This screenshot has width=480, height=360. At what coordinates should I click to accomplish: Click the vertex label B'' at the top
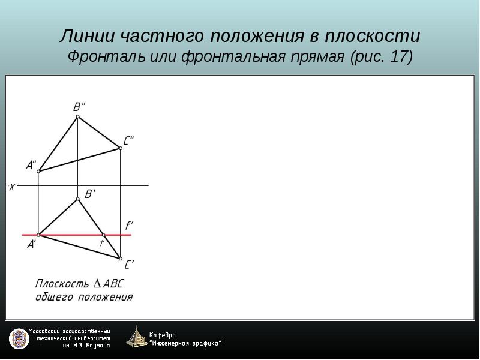79,107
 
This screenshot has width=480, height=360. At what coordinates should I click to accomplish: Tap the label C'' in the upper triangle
128,141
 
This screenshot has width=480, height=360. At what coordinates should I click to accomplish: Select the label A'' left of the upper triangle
31,166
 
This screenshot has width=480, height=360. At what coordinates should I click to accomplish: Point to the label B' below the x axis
89,194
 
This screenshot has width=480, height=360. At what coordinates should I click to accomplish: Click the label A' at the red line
32,245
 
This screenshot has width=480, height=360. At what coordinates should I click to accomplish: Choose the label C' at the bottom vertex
130,264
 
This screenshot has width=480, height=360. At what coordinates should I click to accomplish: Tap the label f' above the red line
129,226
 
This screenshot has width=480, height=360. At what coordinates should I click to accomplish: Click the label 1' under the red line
102,244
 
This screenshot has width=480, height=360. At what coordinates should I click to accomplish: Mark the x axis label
12,187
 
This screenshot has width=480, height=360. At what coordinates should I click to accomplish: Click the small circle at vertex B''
78,116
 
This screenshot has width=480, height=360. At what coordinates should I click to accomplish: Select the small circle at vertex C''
121,148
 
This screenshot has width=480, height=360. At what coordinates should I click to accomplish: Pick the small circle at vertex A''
38,172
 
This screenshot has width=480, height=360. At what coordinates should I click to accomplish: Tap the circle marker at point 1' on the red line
103,235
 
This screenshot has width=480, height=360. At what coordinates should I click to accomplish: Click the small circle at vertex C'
121,259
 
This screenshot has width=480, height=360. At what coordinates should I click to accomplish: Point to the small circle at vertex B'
78,199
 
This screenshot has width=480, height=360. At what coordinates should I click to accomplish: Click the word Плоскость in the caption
62,284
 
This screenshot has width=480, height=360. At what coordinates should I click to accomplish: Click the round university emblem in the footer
19,339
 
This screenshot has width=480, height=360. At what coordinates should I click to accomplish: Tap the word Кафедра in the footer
163,335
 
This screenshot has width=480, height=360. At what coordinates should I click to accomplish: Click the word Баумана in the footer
98,346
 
